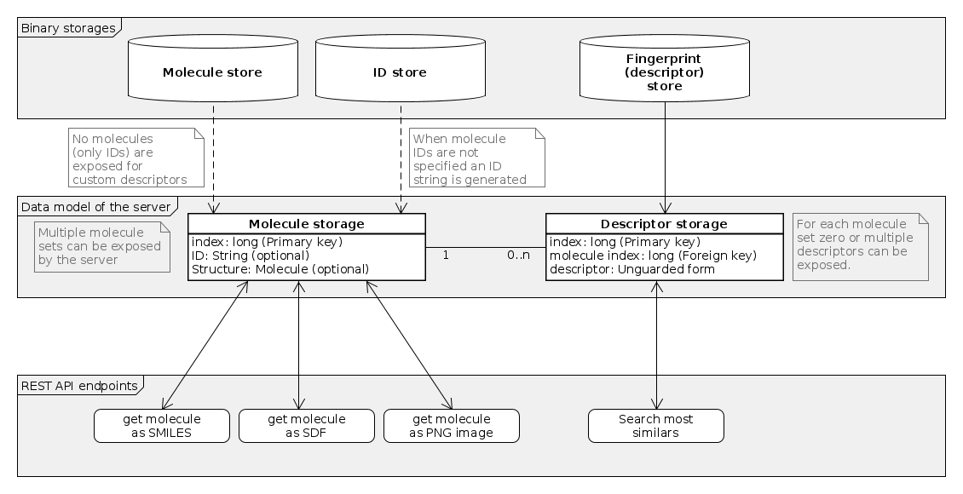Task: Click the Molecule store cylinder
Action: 212,72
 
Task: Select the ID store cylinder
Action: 400,72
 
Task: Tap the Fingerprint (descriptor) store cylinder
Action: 664,72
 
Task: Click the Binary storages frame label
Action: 67,28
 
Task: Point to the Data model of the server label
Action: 95,207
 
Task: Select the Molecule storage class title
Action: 306,224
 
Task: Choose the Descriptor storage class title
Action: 664,224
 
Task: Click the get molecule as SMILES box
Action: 161,426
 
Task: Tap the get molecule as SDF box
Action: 306,426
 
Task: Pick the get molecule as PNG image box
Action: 451,426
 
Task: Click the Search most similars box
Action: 655,426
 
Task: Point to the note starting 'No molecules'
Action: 136,158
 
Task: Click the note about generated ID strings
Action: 476,158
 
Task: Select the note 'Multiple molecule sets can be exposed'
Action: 101,246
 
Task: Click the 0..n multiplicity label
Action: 519,255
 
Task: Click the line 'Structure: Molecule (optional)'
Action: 280,268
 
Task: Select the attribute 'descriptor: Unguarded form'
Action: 631,268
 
